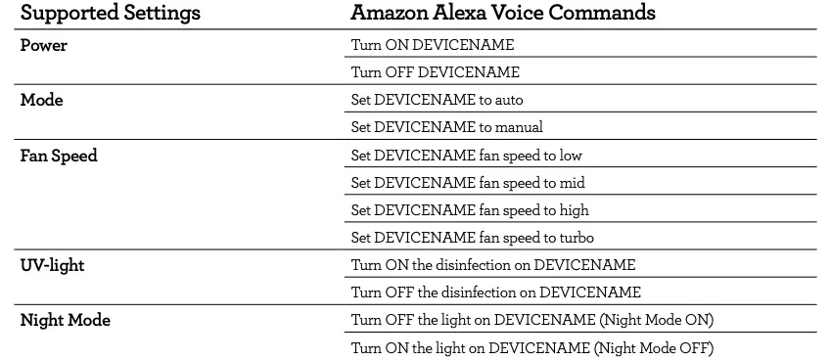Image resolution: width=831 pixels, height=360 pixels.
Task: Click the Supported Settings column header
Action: (111, 14)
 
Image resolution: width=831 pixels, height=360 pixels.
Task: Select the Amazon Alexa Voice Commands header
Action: (503, 14)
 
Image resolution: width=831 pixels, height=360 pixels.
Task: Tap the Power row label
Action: (44, 45)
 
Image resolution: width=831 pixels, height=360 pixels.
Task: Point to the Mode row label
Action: (41, 100)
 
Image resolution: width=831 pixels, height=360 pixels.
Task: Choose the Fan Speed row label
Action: (59, 156)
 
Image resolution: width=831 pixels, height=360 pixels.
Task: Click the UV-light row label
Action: (52, 265)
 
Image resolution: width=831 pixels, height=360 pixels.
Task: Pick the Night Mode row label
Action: (65, 320)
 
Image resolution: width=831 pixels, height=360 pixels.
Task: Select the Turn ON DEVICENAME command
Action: (432, 45)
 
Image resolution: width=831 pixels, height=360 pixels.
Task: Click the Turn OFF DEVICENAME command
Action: (435, 72)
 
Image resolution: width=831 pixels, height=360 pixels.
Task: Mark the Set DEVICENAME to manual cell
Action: (446, 127)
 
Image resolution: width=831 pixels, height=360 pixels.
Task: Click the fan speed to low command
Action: (467, 156)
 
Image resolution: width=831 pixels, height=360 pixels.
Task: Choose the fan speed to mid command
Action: (468, 183)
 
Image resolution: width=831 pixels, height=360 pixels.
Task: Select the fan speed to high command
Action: (470, 210)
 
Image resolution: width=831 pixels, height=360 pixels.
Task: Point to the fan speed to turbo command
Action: (473, 238)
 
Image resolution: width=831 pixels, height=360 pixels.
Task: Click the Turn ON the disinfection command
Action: (492, 265)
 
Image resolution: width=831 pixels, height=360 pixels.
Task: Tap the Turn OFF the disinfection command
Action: (495, 292)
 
